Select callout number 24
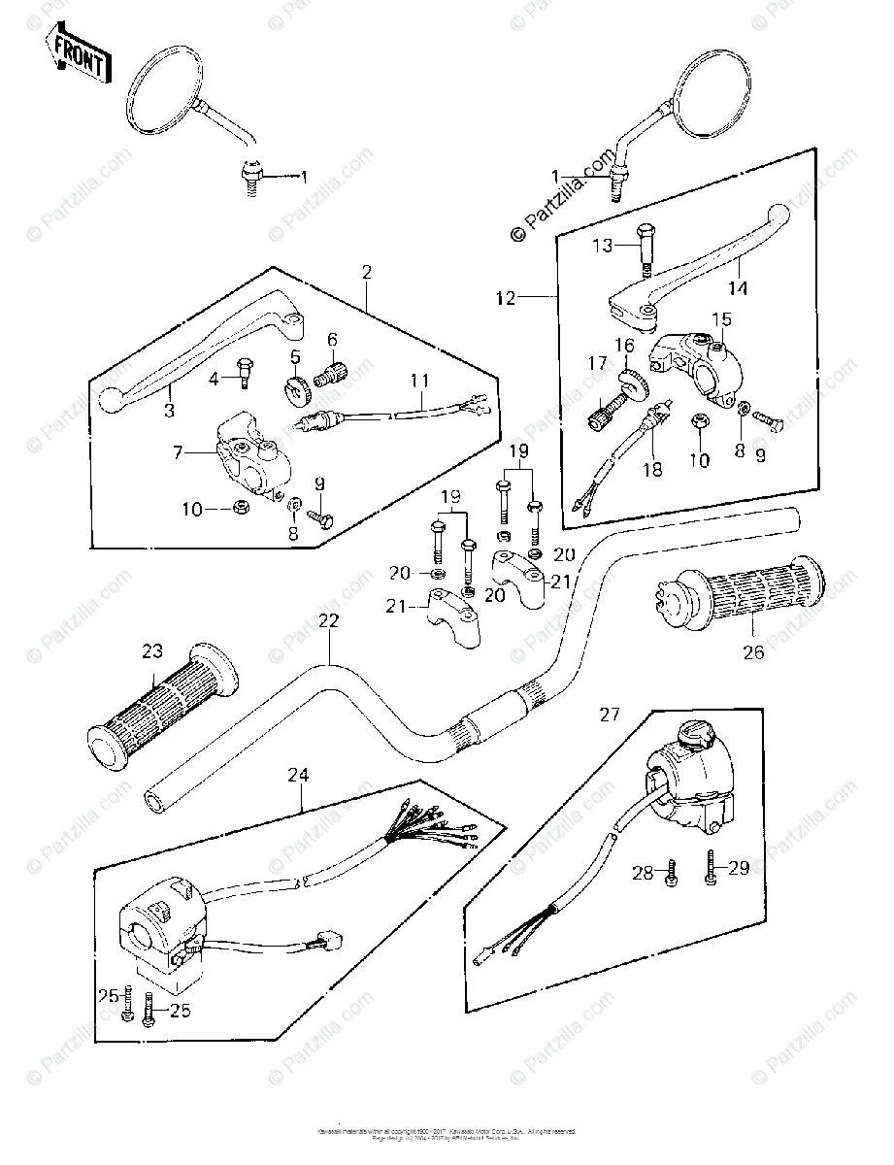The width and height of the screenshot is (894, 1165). [302, 775]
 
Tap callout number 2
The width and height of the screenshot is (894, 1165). [368, 273]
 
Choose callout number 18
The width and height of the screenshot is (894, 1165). [651, 469]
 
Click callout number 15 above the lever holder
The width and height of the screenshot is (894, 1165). [720, 319]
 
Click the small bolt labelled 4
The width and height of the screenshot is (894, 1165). [245, 373]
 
